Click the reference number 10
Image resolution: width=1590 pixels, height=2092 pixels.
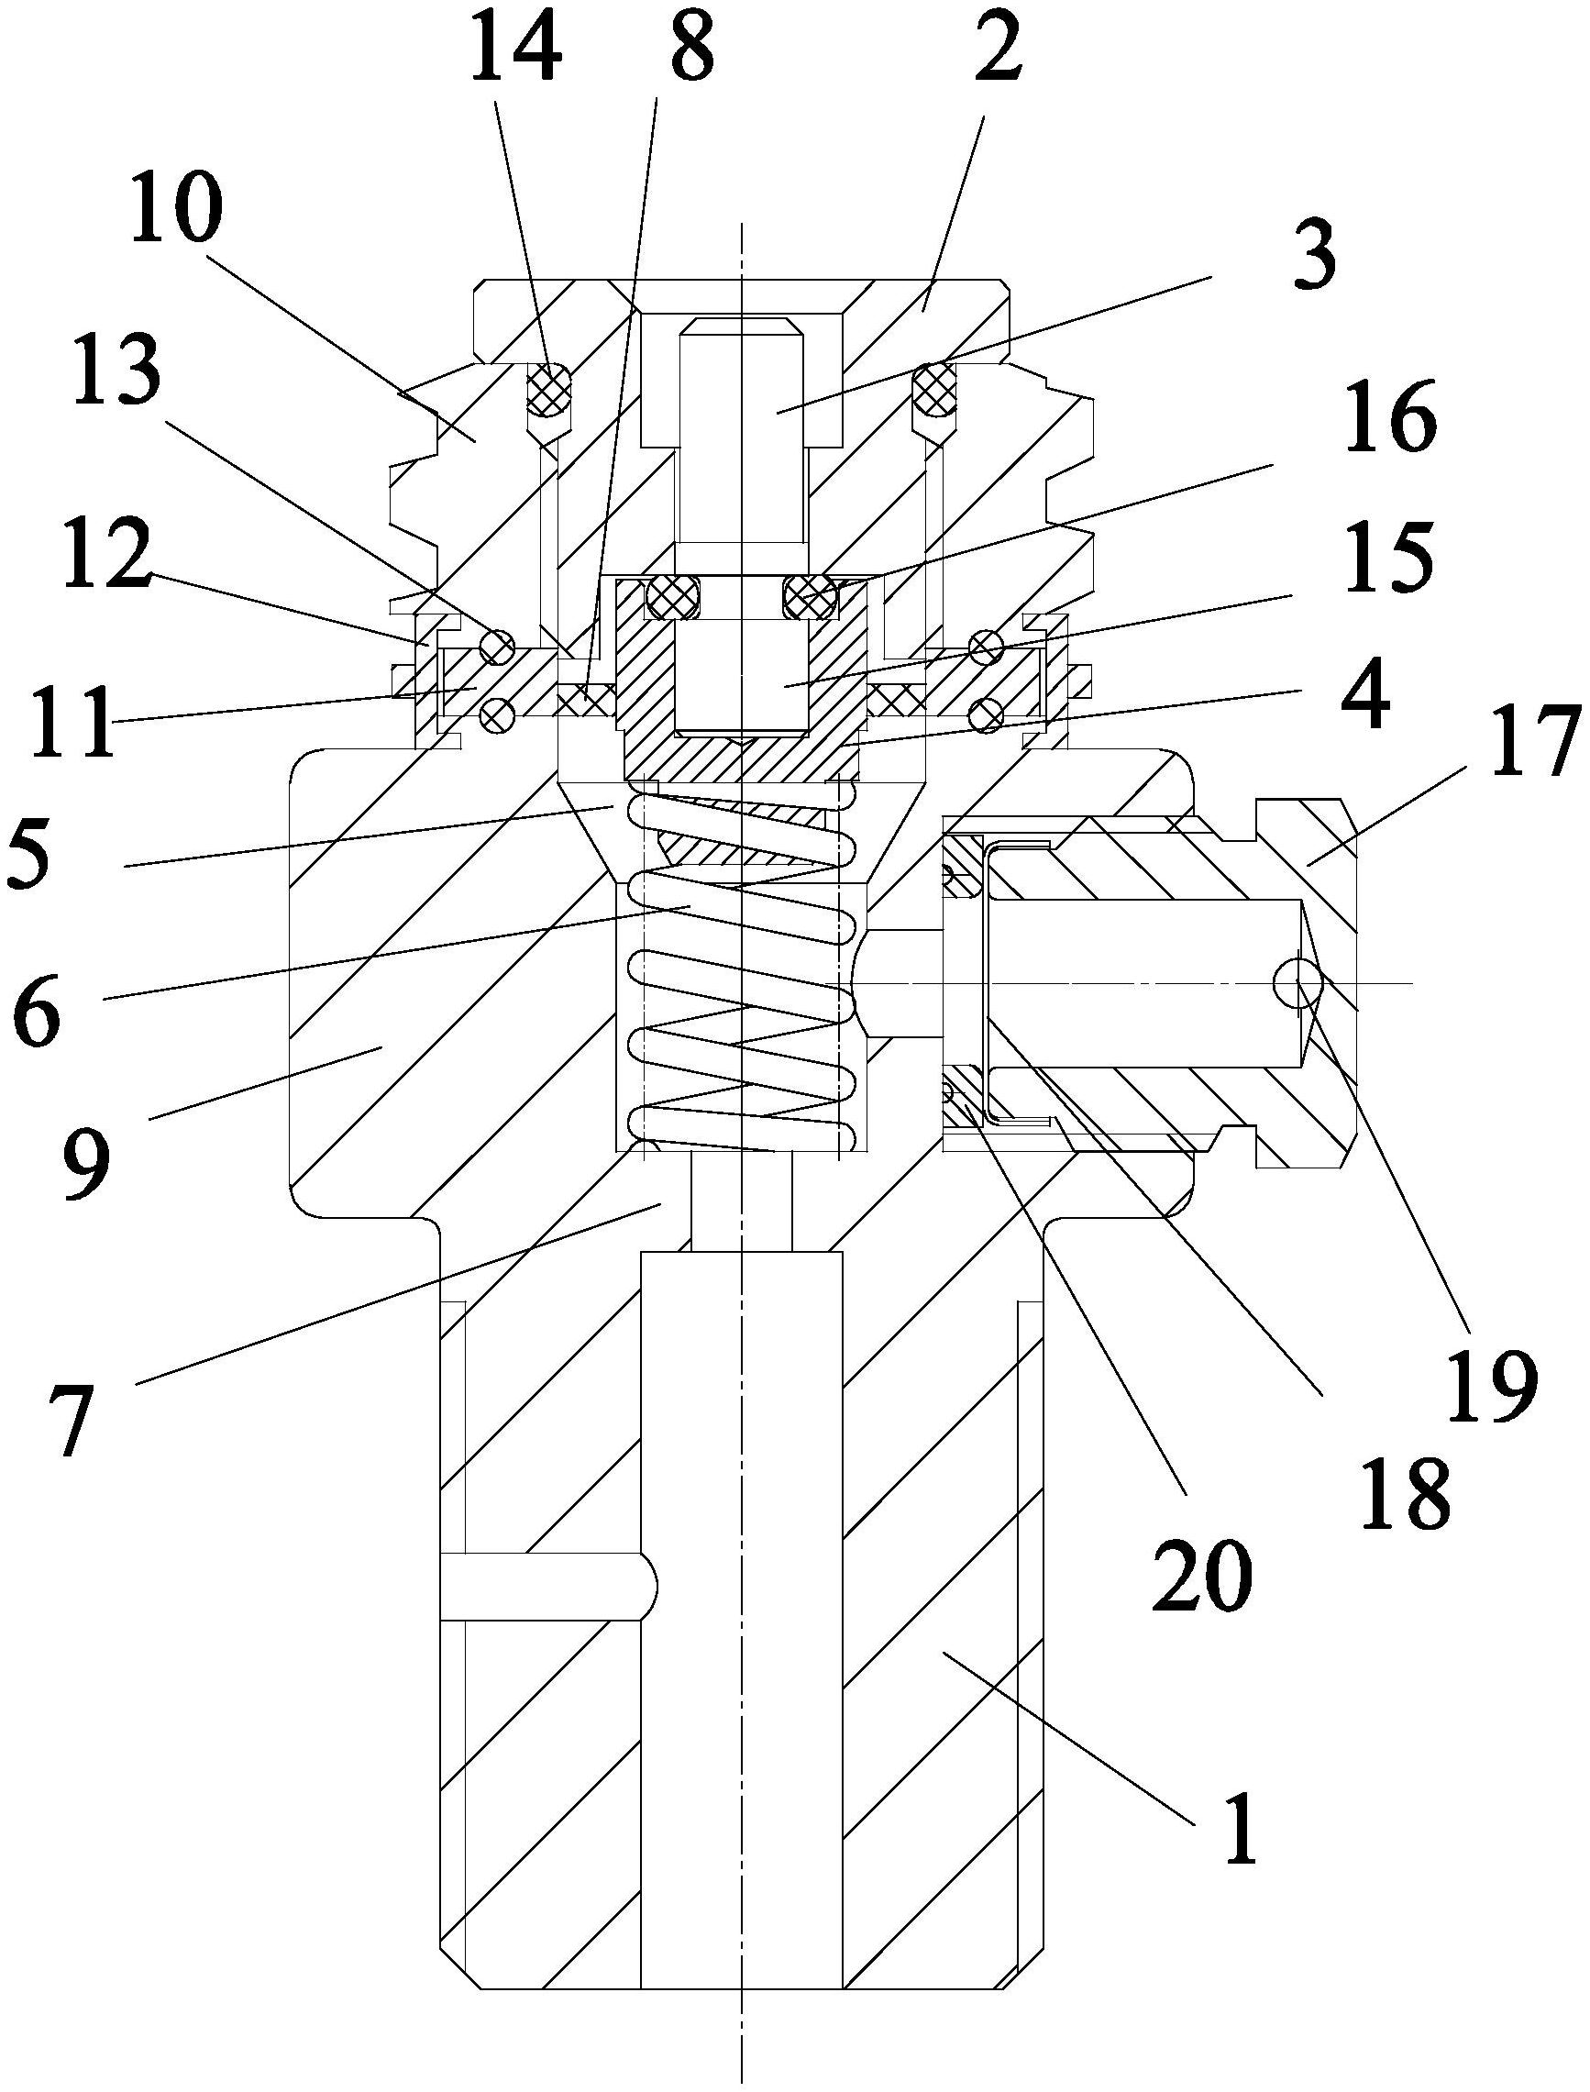tap(177, 210)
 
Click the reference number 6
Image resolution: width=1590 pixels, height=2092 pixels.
tap(38, 1005)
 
